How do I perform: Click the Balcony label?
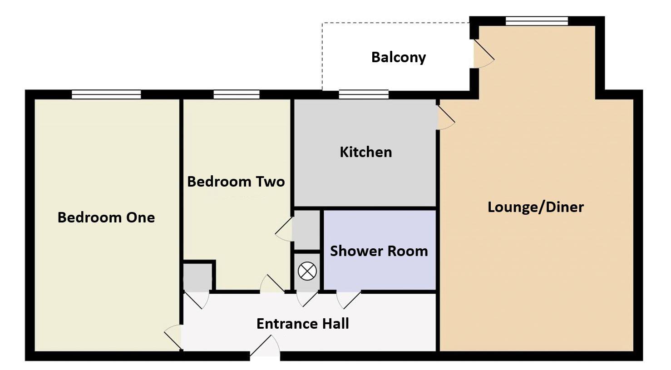coord(399,57)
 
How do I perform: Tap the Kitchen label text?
coord(366,152)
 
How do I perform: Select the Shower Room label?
coord(379,251)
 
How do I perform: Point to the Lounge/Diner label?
coord(536,207)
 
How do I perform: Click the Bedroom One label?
coord(106,217)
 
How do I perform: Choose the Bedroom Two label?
coord(236,182)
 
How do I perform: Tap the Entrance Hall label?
coord(302,324)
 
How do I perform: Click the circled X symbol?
coord(307,271)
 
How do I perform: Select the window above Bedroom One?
coord(106,94)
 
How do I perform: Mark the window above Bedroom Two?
coord(237,94)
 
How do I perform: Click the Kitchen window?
coord(364,94)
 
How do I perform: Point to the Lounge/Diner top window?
coord(537,21)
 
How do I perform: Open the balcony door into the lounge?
coord(484,54)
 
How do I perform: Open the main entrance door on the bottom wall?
coord(265,346)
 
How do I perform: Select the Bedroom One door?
coord(173,337)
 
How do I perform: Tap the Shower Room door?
coord(348,300)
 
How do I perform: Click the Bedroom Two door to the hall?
coord(272,284)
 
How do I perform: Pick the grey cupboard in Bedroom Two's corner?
coord(197,277)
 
